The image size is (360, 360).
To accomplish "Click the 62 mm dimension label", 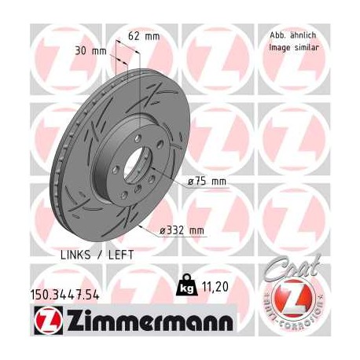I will coord(143,35).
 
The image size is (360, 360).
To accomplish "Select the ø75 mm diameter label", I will coord(207,182).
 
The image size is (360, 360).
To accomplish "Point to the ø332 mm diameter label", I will coord(182,230).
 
